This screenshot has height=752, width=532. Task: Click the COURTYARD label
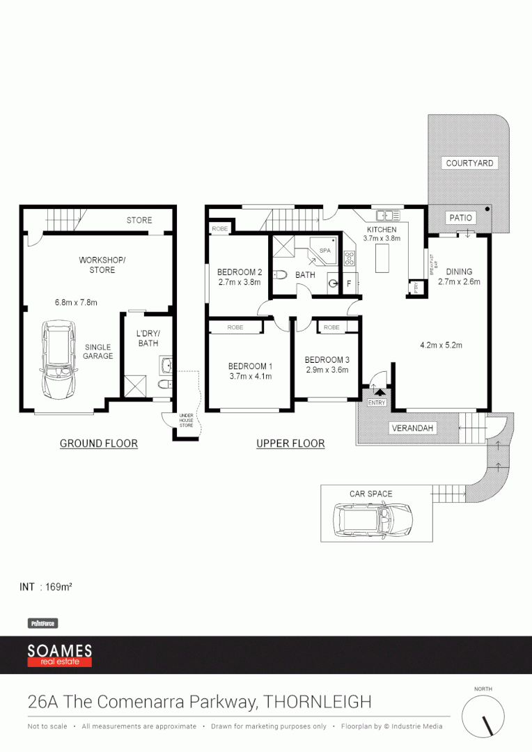469,163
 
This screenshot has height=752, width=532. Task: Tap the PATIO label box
460,218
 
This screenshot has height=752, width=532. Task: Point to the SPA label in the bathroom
325,250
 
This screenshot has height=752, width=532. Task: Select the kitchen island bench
381,259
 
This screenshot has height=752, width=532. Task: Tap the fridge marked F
349,284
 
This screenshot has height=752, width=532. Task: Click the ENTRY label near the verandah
377,402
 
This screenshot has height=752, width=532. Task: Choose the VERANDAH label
414,428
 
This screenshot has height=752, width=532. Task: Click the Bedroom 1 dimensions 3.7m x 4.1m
250,376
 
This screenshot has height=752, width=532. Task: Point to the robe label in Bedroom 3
332,327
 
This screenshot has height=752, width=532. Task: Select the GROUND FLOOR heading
98,444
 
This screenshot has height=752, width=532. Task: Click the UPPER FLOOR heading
290,444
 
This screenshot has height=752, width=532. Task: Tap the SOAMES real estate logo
60,655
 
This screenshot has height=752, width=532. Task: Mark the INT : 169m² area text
47,587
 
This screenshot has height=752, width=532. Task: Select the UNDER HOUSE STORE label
186,420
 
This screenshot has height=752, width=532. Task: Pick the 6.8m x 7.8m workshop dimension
76,302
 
